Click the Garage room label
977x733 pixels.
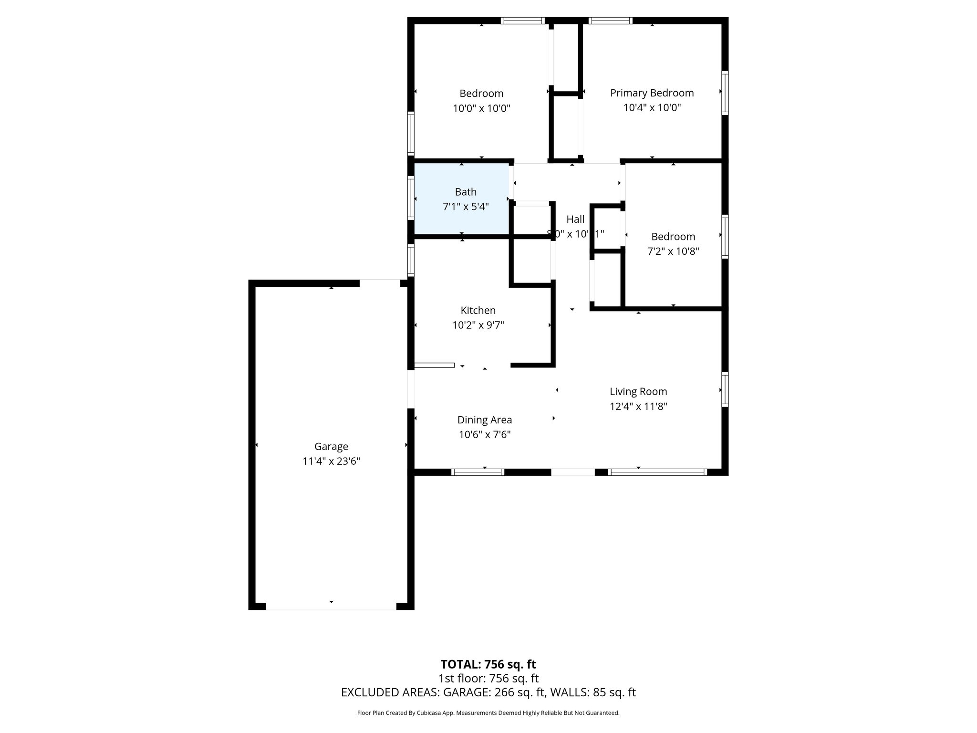(x=331, y=446)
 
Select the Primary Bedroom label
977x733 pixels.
(x=652, y=93)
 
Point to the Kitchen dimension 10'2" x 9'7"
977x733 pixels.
(x=478, y=325)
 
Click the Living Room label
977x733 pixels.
(x=638, y=391)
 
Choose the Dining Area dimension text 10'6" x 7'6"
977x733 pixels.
(x=485, y=435)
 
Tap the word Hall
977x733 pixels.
(x=575, y=219)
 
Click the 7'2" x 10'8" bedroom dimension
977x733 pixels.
(x=673, y=251)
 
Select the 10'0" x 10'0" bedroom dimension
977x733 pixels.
(x=481, y=108)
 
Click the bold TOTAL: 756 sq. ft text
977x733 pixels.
(x=488, y=664)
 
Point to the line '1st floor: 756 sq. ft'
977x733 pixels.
(x=488, y=678)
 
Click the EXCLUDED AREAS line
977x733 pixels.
(x=488, y=692)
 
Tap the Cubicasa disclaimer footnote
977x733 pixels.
(x=488, y=713)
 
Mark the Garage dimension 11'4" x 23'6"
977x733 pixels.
(x=331, y=461)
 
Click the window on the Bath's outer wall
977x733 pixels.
(x=411, y=198)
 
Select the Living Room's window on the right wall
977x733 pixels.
(x=725, y=389)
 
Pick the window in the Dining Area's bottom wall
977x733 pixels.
(x=478, y=472)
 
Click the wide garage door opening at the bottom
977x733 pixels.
(x=331, y=606)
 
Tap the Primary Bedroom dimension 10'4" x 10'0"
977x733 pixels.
(x=652, y=108)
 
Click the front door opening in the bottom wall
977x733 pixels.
(x=573, y=472)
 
